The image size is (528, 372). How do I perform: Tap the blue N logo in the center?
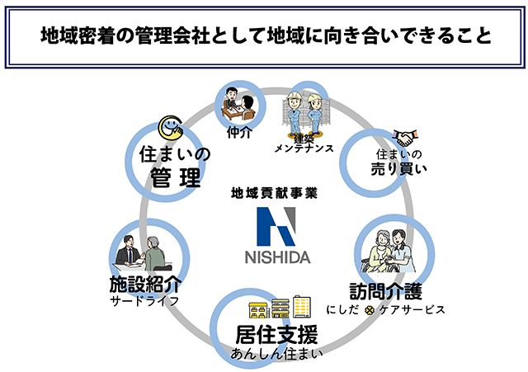click(276, 224)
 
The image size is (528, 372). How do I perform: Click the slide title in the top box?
click(264, 35)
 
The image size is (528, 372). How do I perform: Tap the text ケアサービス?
click(412, 309)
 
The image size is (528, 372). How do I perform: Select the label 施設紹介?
click(144, 284)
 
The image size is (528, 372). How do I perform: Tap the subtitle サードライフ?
click(144, 301)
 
